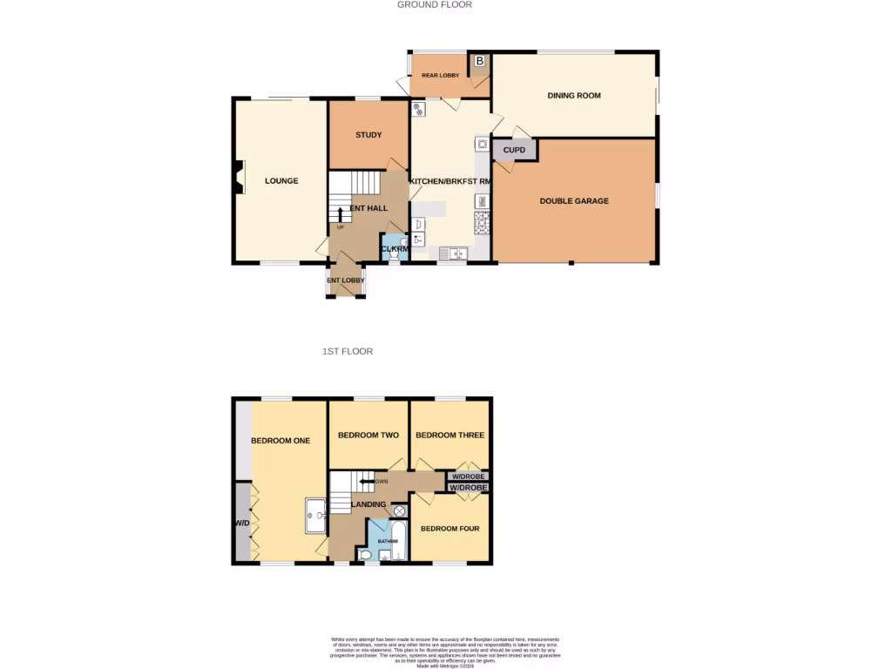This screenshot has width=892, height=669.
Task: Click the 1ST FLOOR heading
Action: click(348, 352)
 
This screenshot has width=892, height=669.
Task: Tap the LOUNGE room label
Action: click(281, 181)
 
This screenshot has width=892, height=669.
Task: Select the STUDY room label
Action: click(368, 135)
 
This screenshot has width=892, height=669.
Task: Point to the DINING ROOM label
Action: click(574, 96)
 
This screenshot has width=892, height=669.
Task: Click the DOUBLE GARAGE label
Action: click(574, 201)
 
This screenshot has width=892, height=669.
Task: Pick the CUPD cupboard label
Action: click(515, 151)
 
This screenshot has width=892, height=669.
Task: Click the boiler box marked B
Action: click(480, 61)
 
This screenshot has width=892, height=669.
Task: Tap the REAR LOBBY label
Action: click(440, 76)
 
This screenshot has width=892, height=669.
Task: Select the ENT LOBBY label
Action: click(346, 280)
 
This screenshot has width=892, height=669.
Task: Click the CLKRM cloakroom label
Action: click(395, 250)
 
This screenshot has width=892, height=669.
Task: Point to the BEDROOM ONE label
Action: click(280, 441)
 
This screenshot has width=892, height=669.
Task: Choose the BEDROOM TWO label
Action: click(368, 436)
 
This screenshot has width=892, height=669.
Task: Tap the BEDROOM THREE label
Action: click(449, 436)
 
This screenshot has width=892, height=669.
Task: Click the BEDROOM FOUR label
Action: click(449, 529)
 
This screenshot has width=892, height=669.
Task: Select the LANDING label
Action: click(368, 504)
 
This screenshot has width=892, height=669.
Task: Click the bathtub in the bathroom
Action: click(397, 540)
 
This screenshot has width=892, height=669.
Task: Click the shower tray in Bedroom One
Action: click(314, 515)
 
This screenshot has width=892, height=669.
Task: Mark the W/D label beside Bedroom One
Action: click(241, 524)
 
